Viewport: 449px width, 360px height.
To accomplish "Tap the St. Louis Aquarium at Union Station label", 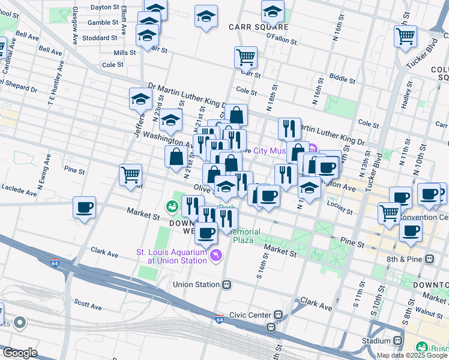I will click(171, 256).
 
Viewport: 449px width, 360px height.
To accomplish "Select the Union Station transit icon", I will click(226, 284).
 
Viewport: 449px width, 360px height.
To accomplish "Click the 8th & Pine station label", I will click(405, 259).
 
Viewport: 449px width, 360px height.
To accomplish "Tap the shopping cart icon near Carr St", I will click(246, 58).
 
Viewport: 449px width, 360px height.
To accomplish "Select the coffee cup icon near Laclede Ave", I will click(84, 208).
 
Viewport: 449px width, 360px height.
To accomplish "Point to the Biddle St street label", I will click(342, 78).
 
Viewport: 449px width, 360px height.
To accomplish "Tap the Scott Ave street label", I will click(85, 302).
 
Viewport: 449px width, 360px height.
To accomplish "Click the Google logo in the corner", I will click(19, 353).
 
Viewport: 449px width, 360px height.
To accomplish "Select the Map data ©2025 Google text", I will click(412, 355).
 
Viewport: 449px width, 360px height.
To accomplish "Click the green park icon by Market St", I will click(173, 206).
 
